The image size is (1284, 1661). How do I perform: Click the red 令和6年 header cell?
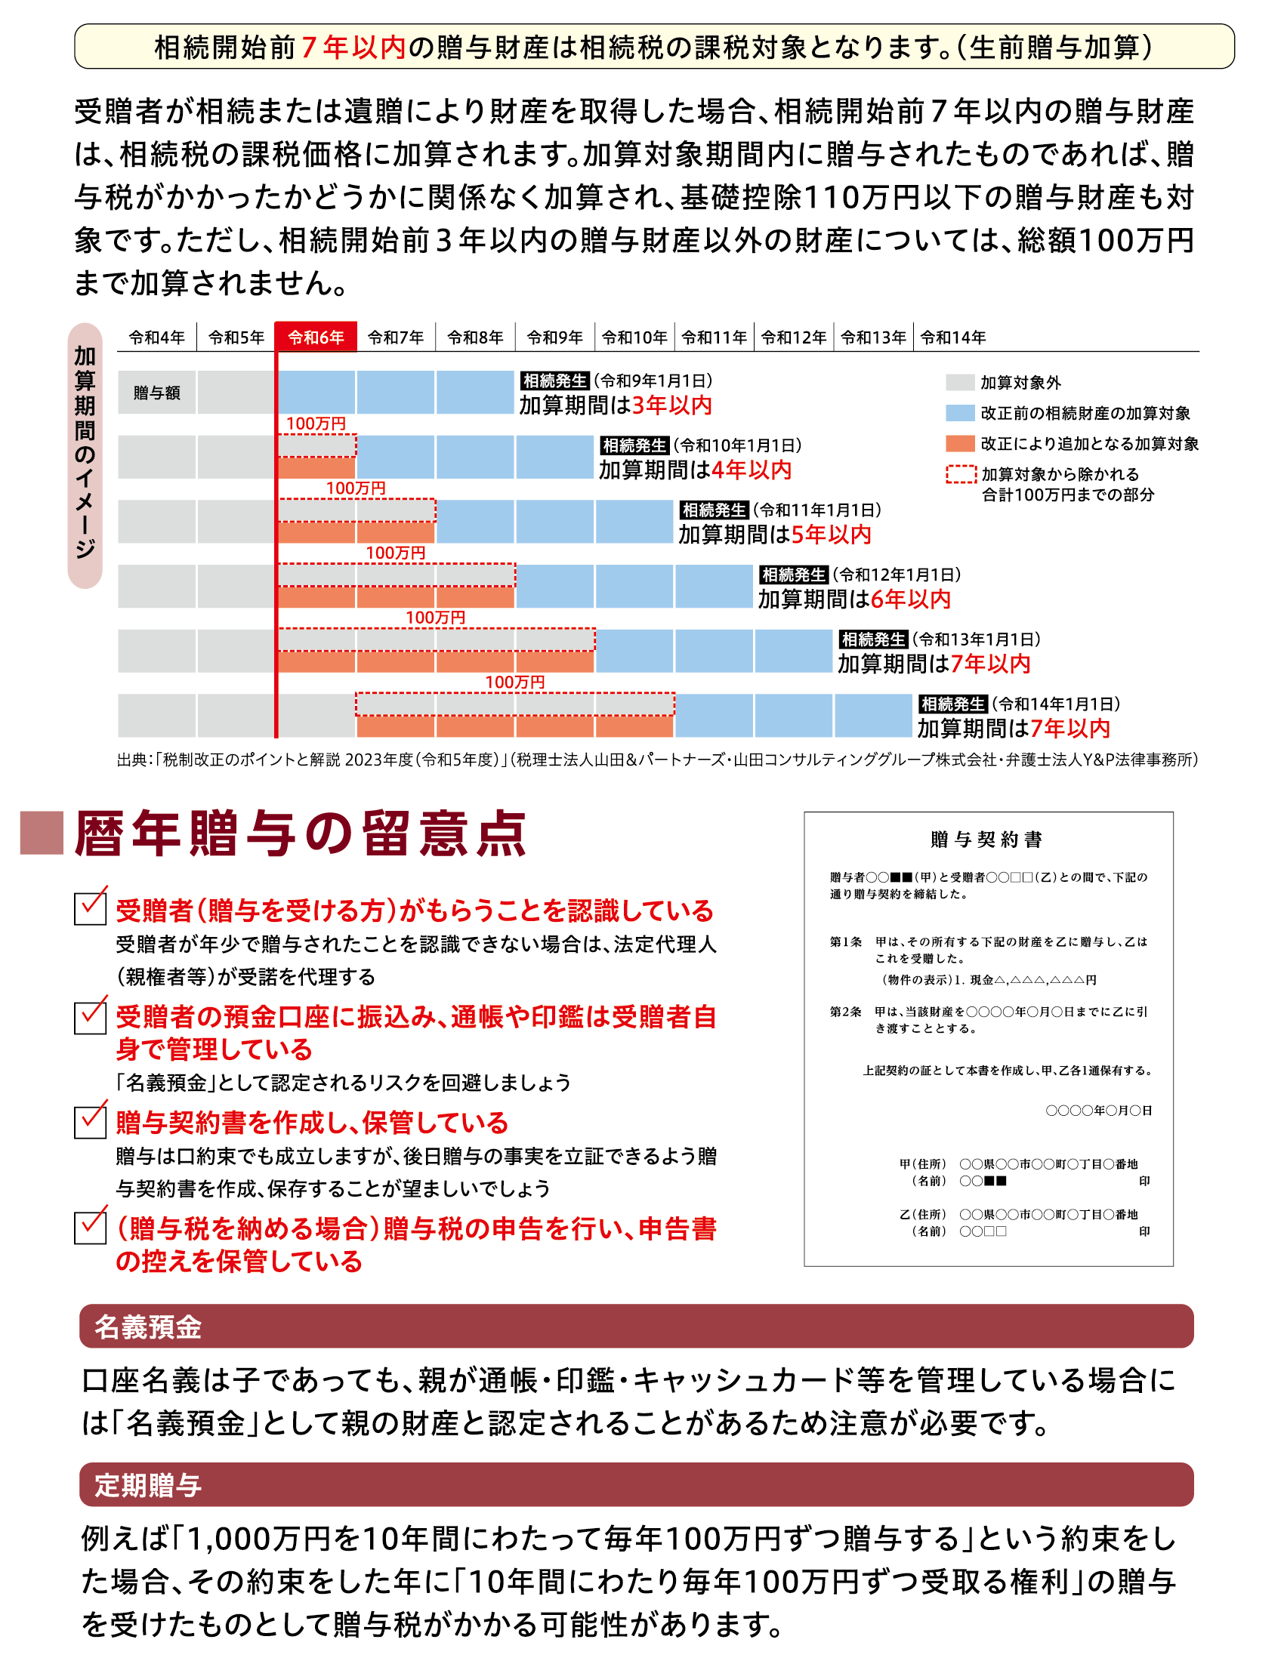316,337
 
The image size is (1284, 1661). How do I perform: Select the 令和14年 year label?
952,337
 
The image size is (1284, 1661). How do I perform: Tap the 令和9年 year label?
554,337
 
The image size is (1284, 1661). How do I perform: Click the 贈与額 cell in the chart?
156,393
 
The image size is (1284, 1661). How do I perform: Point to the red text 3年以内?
671,405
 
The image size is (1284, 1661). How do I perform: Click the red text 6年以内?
911,599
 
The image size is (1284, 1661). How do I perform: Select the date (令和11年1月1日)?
817,510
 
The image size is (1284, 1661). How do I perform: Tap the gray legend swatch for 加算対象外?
960,382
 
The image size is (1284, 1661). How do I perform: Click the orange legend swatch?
960,443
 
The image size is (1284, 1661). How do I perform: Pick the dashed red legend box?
961,474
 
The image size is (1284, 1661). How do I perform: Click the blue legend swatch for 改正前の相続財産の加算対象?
960,413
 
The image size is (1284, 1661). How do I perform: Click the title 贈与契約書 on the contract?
986,839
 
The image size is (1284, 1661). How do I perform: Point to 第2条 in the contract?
845,1012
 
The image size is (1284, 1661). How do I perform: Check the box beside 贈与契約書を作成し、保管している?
90,1122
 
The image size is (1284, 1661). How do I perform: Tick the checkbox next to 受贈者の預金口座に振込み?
90,1018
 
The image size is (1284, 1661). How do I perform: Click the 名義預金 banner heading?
147,1327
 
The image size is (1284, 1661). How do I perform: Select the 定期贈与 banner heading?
147,1485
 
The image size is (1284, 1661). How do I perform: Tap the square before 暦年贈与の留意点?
42,834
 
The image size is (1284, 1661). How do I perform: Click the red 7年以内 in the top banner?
353,47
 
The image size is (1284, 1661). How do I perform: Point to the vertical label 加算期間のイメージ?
85,454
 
